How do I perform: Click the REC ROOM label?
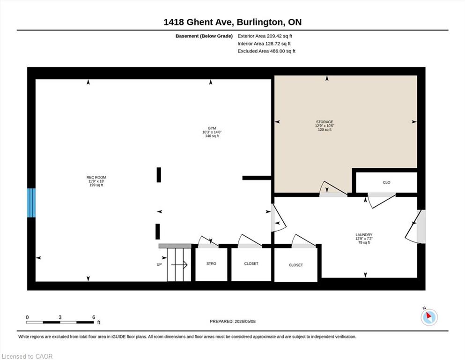tap(96, 178)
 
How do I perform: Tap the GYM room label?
tap(212, 128)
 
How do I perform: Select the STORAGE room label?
tap(325, 122)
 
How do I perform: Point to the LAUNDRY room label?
tap(364, 235)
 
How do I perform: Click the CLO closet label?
tap(386, 182)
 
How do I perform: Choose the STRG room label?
tap(212, 263)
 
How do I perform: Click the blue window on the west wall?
tap(31, 202)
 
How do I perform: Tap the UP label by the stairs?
tap(159, 264)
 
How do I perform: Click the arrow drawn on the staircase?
tap(179, 265)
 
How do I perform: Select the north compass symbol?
tap(429, 317)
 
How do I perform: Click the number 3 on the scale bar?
tap(60, 317)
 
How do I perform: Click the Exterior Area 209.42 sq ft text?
tap(265, 36)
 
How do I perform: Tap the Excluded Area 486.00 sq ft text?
tap(266, 51)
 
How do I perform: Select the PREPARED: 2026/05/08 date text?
tap(232, 322)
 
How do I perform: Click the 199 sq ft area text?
tap(96, 185)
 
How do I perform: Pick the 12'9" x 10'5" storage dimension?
tap(325, 126)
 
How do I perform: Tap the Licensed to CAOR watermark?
tap(27, 356)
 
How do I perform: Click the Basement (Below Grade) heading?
tap(204, 36)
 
